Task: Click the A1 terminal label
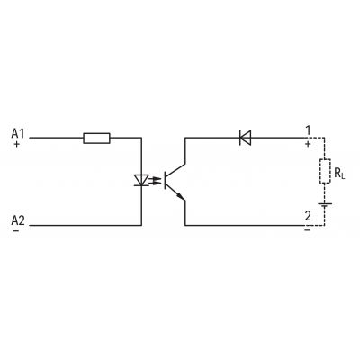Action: pos(18,133)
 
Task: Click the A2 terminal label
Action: pos(18,220)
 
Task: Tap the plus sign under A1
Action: pos(16,144)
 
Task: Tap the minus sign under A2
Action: pos(16,231)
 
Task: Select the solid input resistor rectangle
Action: pos(96,139)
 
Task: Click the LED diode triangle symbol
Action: pos(141,181)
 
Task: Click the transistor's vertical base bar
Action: pos(165,180)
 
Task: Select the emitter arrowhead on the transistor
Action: pos(181,196)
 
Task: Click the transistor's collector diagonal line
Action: pos(175,169)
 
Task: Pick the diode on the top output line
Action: pos(246,138)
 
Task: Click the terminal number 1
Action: pos(308,130)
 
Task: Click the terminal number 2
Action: pos(308,216)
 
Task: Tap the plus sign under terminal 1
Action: pos(308,144)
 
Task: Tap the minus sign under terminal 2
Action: pos(307,230)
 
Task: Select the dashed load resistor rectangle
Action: pos(325,171)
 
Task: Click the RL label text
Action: pos(339,174)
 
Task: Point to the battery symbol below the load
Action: pos(325,206)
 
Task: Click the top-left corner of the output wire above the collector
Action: pos(185,138)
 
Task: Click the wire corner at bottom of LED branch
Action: pos(141,225)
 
